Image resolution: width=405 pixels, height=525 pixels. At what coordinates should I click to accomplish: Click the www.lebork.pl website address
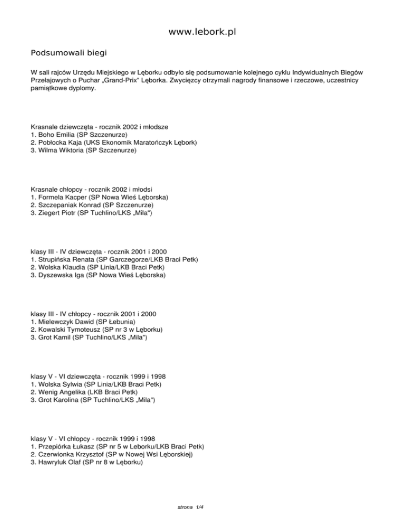[x=202, y=33]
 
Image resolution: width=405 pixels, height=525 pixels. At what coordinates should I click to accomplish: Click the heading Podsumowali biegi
[x=69, y=53]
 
